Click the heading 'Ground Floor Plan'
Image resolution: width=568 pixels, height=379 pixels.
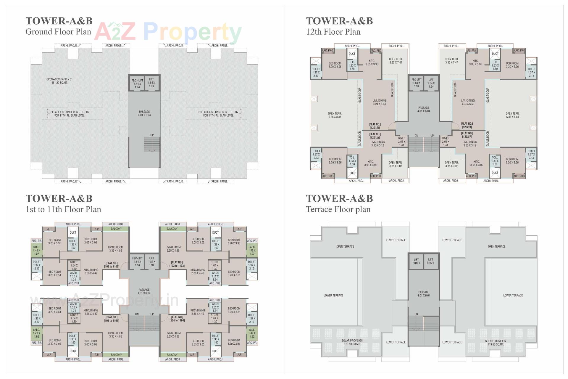click(58, 32)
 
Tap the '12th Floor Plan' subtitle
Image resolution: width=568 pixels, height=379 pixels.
click(333, 32)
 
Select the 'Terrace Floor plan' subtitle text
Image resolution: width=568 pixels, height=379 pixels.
click(338, 209)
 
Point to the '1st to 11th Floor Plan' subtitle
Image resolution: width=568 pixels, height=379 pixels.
click(63, 209)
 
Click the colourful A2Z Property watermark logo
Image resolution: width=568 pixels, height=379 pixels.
click(168, 32)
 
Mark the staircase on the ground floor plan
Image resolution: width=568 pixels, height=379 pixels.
click(152, 144)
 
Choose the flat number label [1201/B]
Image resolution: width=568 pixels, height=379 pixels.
click(375, 126)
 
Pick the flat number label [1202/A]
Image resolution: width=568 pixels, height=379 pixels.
click(467, 135)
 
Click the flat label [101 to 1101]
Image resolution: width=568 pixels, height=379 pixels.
click(112, 319)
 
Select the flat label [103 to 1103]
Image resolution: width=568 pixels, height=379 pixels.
click(177, 264)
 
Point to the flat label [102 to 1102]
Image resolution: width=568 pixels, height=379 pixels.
click(112, 265)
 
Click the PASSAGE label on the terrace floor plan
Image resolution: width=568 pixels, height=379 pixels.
click(424, 294)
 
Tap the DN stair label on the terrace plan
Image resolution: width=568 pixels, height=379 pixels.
click(416, 314)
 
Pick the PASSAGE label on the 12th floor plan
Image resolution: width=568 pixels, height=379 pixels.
click(424, 109)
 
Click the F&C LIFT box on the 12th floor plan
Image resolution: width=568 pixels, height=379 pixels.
click(416, 83)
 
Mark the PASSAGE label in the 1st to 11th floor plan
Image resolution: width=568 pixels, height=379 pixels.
click(144, 291)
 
